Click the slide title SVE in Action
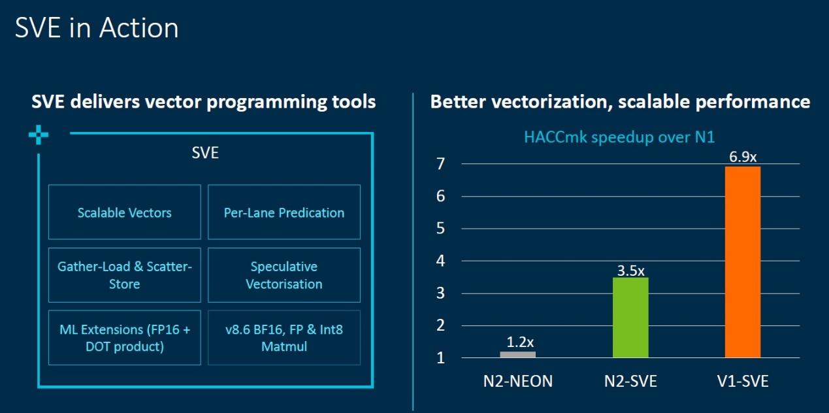coord(97,27)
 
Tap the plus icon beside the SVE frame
coord(39,135)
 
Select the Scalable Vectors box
coord(125,212)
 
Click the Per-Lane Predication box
coord(284,212)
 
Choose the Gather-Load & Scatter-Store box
coord(125,275)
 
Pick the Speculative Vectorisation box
coord(284,275)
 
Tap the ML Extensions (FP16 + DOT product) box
coord(125,337)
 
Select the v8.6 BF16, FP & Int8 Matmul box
coord(284,337)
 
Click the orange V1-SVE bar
coord(743,262)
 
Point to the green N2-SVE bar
coord(630,318)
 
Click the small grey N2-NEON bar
coord(518,355)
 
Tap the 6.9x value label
coord(743,157)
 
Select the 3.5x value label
coord(630,271)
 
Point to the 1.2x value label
coord(520,342)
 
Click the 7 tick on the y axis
coord(440,163)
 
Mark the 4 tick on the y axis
coord(440,261)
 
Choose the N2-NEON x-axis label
coord(518,381)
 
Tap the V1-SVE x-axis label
coord(743,381)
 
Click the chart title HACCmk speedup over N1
coord(619,137)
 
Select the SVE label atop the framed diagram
coord(205,153)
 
